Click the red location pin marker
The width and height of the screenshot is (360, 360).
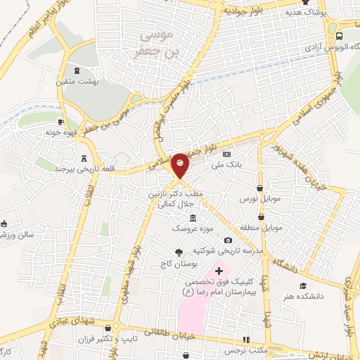[x=180, y=167]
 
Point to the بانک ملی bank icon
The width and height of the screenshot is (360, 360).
[x=226, y=154]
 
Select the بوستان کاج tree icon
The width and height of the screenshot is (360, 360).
[x=178, y=252]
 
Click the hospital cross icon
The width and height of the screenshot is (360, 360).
[x=219, y=271]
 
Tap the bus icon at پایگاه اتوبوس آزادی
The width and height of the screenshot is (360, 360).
[x=340, y=35]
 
